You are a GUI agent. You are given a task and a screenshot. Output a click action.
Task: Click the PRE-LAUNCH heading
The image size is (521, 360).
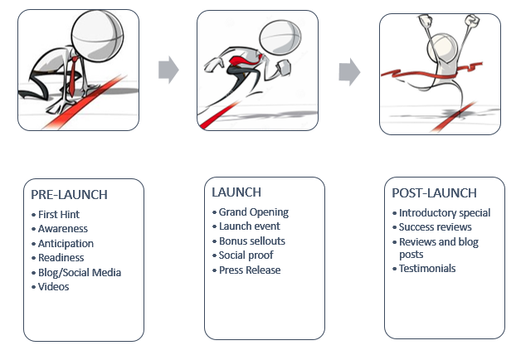(x=69, y=195)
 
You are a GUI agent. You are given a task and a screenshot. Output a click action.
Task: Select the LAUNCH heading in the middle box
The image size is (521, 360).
(x=236, y=192)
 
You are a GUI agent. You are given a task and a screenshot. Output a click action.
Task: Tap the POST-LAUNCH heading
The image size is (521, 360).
(x=434, y=193)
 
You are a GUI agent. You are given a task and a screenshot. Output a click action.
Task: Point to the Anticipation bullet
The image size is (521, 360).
(x=66, y=243)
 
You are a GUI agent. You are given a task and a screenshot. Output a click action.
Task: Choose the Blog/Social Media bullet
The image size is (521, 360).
(x=79, y=272)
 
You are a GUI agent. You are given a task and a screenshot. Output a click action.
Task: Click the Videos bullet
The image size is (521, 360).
(x=53, y=286)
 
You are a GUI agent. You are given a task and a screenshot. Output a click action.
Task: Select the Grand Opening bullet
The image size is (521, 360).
(x=253, y=212)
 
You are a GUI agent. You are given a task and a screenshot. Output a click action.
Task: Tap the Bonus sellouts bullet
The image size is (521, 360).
(x=251, y=241)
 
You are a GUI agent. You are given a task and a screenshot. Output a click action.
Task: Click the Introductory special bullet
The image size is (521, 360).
(x=444, y=213)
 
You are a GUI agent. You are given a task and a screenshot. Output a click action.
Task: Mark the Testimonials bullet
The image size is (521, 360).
(x=426, y=268)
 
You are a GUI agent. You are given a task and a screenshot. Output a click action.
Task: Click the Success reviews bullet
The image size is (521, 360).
(x=435, y=227)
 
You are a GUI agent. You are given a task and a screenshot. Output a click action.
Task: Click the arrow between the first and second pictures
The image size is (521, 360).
(x=168, y=70)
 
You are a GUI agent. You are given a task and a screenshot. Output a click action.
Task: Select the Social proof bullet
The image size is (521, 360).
(x=247, y=255)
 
